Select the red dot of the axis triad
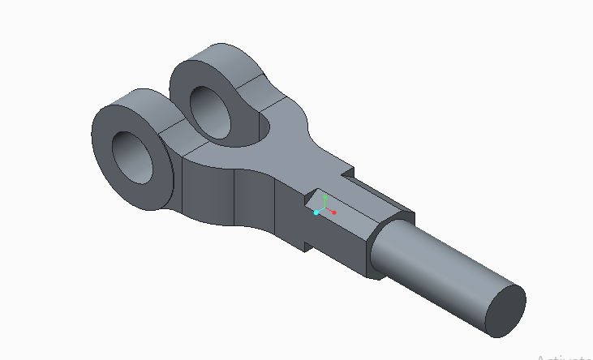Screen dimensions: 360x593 (x=333, y=212)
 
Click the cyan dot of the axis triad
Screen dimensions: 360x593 (x=316, y=212)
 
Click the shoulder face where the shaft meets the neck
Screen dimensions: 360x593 (x=382, y=243)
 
